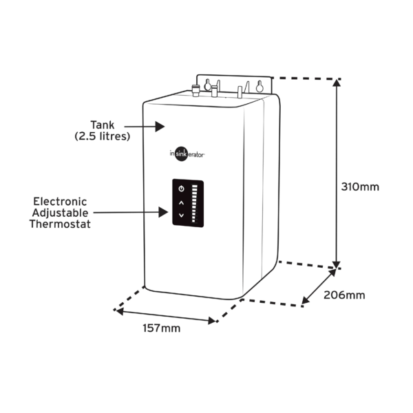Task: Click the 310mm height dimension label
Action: coord(361,187)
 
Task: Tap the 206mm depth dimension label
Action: coord(345,295)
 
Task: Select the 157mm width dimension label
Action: coord(161,328)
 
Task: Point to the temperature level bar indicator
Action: coord(194,204)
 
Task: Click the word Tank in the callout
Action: coord(102,125)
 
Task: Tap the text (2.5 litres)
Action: coord(102,136)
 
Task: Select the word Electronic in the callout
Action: coord(61,202)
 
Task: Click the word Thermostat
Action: coord(61,224)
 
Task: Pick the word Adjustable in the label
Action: coord(61,213)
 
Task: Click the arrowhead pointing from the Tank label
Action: coord(160,127)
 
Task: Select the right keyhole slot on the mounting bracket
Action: coord(260,86)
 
